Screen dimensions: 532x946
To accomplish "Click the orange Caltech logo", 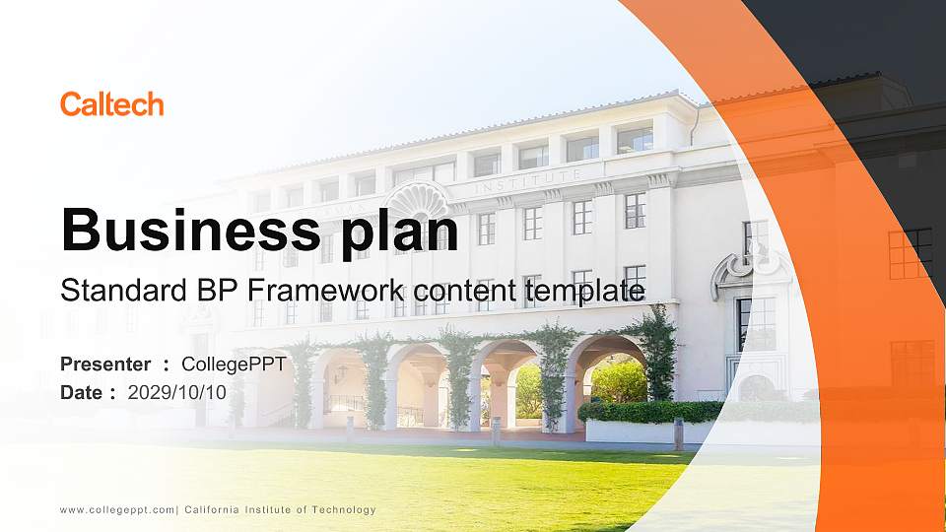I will (x=111, y=104).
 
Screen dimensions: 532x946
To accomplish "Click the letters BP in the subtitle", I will (x=201, y=291).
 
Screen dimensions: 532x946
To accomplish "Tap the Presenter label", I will (x=105, y=365).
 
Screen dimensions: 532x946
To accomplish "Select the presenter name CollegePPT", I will (x=234, y=365).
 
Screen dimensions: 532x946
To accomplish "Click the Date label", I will (x=82, y=392).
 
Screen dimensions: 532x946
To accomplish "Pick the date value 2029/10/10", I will (x=177, y=392).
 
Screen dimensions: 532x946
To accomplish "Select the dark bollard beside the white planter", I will (x=678, y=433).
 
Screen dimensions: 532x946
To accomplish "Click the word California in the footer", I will (x=215, y=509).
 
